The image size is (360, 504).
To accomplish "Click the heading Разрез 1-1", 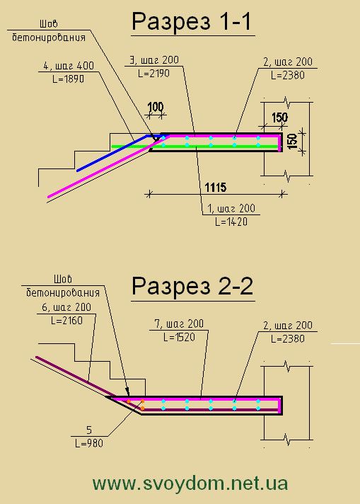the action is (192, 21).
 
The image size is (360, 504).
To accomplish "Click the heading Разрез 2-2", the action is (192, 287).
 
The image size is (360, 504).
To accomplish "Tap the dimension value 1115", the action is (216, 187).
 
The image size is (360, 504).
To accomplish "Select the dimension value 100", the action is (156, 107).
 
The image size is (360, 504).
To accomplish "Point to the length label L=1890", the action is (68, 79).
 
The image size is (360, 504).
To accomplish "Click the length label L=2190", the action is (153, 74).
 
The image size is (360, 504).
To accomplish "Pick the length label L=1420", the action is (231, 222).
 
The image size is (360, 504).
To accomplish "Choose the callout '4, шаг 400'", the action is (69, 66).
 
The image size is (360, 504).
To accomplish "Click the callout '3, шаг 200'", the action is (153, 60).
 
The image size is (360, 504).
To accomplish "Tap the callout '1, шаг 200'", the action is (231, 209).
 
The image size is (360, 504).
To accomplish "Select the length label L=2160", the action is (66, 321).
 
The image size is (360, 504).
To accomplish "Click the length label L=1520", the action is (179, 337).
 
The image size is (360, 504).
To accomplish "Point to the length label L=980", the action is (89, 444).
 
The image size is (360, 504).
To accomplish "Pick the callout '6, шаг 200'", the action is (66, 307).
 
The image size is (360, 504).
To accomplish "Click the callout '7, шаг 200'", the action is (179, 323).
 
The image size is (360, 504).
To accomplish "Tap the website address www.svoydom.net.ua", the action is (190, 483).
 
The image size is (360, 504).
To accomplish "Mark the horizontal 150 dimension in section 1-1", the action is (279, 118).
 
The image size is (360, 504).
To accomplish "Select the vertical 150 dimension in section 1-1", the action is (292, 142).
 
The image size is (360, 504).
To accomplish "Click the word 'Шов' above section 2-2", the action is (63, 279).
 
